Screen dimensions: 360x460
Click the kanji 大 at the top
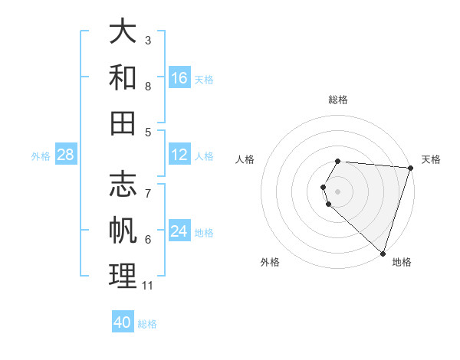tap(123, 32)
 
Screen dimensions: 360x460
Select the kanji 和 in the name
tap(123, 77)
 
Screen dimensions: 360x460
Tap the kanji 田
tap(123, 123)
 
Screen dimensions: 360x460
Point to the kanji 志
tap(123, 186)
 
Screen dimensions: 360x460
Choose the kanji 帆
tap(123, 231)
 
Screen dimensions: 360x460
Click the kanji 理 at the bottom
tap(123, 276)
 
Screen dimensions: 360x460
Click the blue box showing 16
tap(179, 78)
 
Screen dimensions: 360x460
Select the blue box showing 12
tap(179, 155)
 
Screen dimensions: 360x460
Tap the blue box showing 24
tap(179, 232)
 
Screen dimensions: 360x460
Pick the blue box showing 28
tap(66, 155)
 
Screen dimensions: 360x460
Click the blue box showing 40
tap(123, 322)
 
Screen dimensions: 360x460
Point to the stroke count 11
tap(148, 286)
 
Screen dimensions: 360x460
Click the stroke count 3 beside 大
tap(148, 40)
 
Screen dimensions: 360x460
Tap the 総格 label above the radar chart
tap(338, 100)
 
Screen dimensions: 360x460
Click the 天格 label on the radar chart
tap(431, 159)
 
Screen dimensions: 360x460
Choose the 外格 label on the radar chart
tap(270, 262)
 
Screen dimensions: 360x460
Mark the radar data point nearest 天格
tap(410, 168)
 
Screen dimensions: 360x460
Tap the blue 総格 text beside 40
tap(147, 324)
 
